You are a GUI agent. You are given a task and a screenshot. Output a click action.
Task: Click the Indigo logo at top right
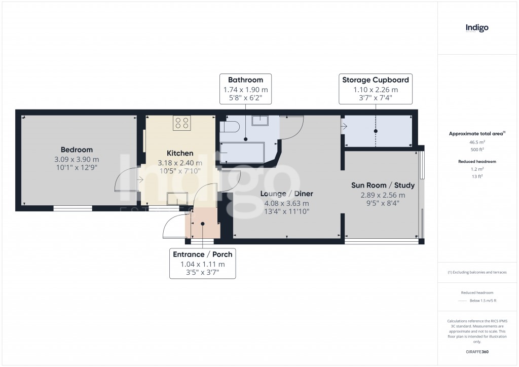[x=477, y=28]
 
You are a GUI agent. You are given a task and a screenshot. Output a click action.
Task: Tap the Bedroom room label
[x=77, y=150]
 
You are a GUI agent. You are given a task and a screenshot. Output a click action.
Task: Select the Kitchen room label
[x=180, y=153]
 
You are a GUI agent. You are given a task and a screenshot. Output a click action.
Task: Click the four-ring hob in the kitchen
[x=181, y=123]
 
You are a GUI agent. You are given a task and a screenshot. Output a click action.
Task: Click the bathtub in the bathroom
[x=242, y=153]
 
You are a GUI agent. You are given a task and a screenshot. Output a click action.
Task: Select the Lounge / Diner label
[x=286, y=194]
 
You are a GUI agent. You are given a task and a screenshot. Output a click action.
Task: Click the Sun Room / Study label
[x=383, y=185]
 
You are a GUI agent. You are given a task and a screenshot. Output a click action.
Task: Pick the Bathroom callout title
[x=245, y=80]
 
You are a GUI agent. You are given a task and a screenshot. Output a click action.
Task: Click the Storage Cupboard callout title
[x=375, y=80]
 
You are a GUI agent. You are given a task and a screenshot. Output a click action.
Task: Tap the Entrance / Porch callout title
[x=202, y=254]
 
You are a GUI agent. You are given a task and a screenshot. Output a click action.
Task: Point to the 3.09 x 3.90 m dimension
[x=77, y=159]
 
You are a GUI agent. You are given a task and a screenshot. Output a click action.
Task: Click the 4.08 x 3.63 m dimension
[x=286, y=203]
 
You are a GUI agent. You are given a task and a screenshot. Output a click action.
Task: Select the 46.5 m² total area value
[x=476, y=143]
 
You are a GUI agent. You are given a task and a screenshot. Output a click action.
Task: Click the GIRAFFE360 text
[x=477, y=352]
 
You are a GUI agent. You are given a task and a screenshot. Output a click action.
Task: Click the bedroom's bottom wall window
[x=73, y=208]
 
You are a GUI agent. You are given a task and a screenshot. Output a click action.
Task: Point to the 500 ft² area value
[x=476, y=150]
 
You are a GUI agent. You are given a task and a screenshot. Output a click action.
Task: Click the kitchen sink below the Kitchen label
[x=180, y=199]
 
